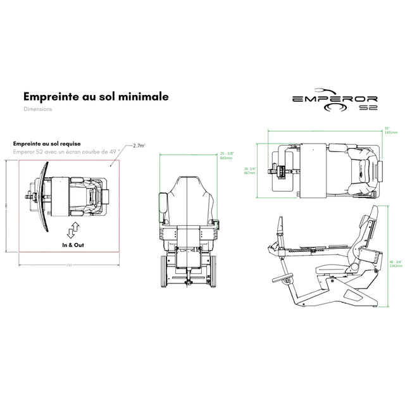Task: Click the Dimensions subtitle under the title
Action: click(37, 109)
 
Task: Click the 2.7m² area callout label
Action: click(139, 146)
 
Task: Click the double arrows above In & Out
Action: click(73, 228)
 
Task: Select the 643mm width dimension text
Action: click(226, 158)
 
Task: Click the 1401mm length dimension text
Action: click(391, 133)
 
